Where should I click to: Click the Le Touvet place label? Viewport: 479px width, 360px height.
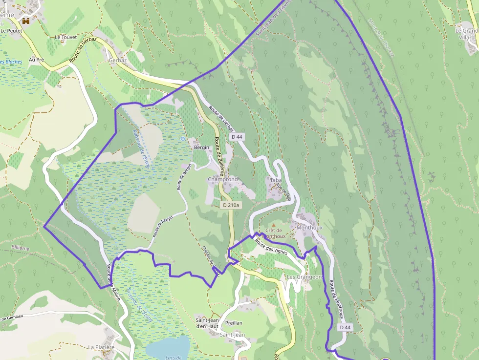click(x=66, y=37)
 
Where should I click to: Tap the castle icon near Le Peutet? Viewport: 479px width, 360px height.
click(x=26, y=21)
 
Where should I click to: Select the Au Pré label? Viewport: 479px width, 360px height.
click(x=37, y=60)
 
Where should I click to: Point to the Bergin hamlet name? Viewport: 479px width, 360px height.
click(x=201, y=147)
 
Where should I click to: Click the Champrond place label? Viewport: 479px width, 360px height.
click(x=223, y=179)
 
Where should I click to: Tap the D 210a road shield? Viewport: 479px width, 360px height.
click(x=231, y=205)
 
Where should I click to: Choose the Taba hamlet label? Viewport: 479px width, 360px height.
click(x=276, y=180)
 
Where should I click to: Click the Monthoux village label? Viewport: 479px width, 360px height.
click(x=309, y=228)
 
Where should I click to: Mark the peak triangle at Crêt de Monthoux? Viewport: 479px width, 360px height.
click(x=274, y=224)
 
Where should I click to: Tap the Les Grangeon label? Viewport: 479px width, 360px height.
click(x=305, y=277)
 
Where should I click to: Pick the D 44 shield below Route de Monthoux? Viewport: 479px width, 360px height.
click(x=345, y=327)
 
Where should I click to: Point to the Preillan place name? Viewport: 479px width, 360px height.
click(x=234, y=323)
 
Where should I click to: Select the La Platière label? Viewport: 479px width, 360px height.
click(x=101, y=347)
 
